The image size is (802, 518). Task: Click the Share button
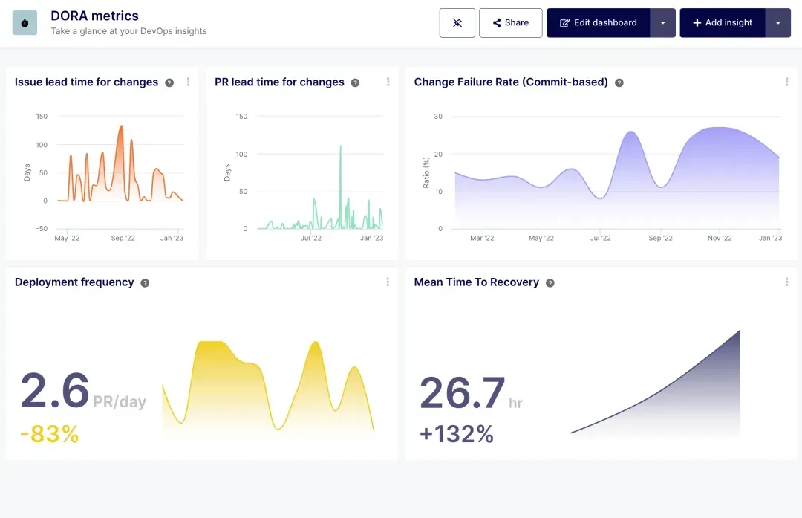tap(511, 23)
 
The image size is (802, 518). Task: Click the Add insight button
tap(722, 23)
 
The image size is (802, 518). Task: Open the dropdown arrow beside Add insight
tap(777, 23)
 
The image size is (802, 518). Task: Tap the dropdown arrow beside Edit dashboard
tap(662, 23)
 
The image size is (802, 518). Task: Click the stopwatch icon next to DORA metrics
tap(25, 23)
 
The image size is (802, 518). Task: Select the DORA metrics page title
tap(94, 16)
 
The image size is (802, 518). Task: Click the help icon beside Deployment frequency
tap(145, 283)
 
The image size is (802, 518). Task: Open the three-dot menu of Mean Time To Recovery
tap(786, 282)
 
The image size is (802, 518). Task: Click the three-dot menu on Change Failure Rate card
tap(786, 82)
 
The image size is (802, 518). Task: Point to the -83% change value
tap(49, 433)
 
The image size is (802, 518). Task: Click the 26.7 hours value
tap(463, 393)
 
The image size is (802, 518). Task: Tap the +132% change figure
tap(457, 434)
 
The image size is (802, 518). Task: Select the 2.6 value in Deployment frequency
tap(55, 391)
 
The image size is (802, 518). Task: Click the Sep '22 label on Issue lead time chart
tap(123, 239)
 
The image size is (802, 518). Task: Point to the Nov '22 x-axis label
tap(719, 239)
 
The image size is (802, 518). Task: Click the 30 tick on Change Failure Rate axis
tap(438, 117)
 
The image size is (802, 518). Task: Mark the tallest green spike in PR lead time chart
tap(340, 146)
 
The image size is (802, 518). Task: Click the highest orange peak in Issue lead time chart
tap(121, 126)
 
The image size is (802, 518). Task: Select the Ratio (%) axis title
tap(426, 173)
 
